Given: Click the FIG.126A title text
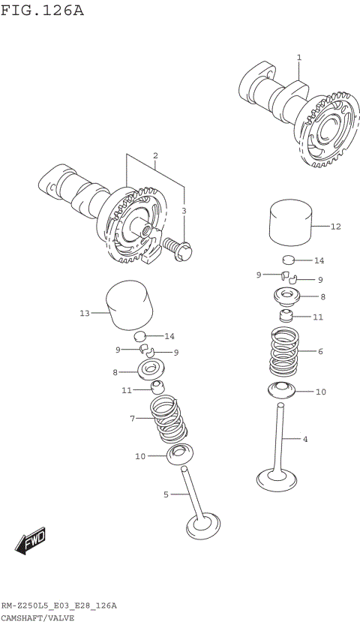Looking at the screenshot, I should pyautogui.click(x=42, y=11).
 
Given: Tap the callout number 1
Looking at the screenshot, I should pyautogui.click(x=298, y=57).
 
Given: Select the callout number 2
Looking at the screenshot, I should pyautogui.click(x=155, y=156).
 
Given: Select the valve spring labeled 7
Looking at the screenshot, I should pyautogui.click(x=169, y=420).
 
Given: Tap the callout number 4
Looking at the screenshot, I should pyautogui.click(x=305, y=439).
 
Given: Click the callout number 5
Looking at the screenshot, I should pyautogui.click(x=166, y=494).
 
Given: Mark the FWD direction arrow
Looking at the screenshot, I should pyautogui.click(x=31, y=541).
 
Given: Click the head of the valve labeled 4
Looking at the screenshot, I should pyautogui.click(x=277, y=476).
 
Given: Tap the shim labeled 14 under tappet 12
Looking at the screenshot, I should pyautogui.click(x=287, y=261).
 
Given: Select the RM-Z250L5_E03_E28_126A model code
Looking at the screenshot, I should pyautogui.click(x=58, y=605).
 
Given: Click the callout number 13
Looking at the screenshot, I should pyautogui.click(x=84, y=313).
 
